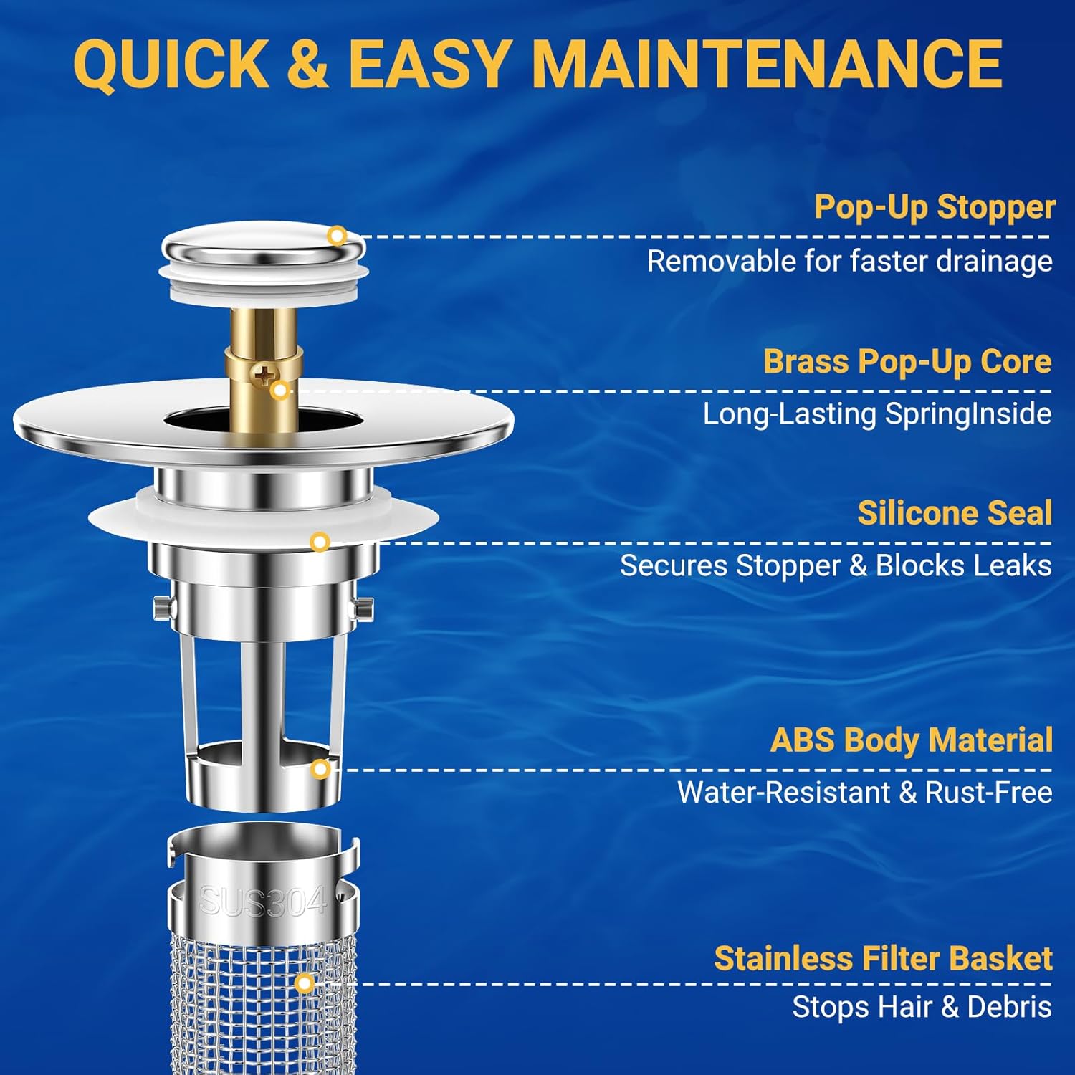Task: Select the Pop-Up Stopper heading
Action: click(934, 207)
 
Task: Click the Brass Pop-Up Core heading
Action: click(907, 361)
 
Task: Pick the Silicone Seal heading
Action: click(955, 513)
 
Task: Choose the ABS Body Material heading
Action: click(911, 740)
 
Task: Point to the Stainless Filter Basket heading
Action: click(883, 959)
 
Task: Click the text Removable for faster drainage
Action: click(849, 262)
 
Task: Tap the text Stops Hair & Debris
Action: click(922, 1007)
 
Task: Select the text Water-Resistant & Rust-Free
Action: click(864, 793)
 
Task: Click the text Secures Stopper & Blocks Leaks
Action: click(836, 566)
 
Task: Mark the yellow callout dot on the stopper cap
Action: click(337, 236)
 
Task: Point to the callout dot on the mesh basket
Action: click(304, 983)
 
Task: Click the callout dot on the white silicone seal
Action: click(320, 542)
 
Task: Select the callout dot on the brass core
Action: click(280, 391)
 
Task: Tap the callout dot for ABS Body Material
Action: click(321, 770)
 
